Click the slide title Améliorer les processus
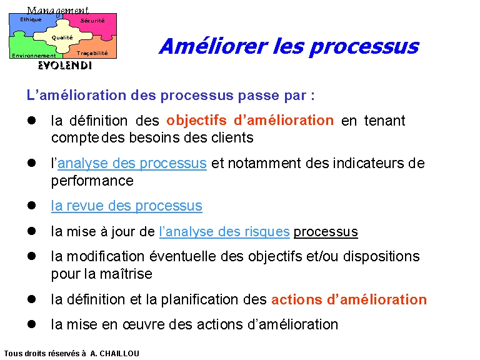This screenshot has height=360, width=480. coord(289,47)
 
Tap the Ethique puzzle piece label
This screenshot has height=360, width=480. coord(31,19)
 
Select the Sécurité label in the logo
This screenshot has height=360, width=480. coord(92,21)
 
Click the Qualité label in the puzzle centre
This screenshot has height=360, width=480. coord(62,37)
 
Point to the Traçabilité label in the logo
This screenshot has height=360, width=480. coord(92,53)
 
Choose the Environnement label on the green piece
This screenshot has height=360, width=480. coord(34,56)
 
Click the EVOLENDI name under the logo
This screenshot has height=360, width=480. coord(65,66)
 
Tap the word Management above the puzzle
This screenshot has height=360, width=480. coord(58,11)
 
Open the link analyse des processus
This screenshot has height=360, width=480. coord(132,164)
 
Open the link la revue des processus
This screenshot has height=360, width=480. coord(127,206)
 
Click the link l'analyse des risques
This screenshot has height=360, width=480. coord(224,232)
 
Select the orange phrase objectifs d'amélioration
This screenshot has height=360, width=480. coord(250,120)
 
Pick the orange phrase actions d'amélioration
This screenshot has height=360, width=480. coord(349,299)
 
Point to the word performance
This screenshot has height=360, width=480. coord(92,181)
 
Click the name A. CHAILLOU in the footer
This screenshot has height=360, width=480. coord(115,354)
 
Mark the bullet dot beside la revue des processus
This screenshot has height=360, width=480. coord(31,205)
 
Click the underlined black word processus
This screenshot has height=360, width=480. coord(326,232)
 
